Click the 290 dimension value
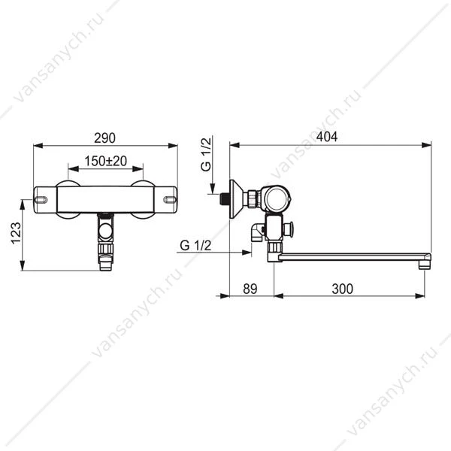(104, 138)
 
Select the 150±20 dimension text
(105, 161)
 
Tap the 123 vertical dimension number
(16, 233)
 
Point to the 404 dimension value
(327, 137)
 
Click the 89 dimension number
(250, 289)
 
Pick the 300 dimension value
(342, 289)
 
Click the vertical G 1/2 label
(206, 154)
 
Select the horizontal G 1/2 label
(195, 245)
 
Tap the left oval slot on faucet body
(41, 200)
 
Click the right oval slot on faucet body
(170, 200)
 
